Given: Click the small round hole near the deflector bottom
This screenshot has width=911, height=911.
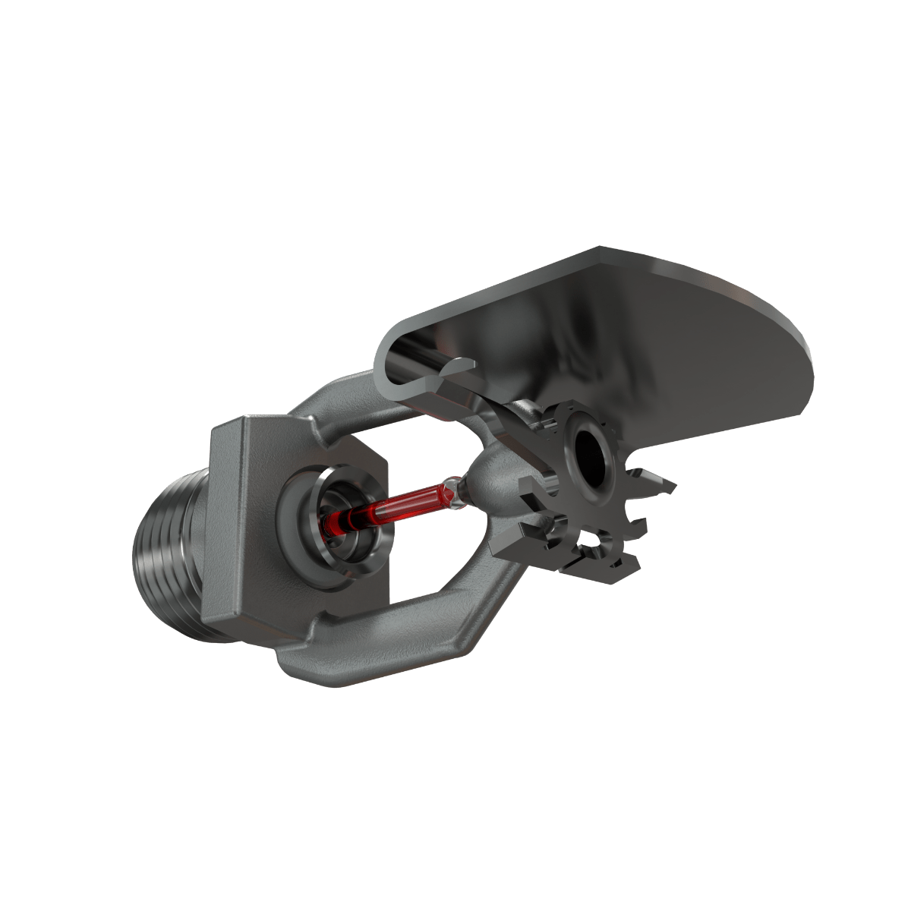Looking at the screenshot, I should [590, 541].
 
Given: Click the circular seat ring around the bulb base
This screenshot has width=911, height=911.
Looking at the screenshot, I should [334, 524].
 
